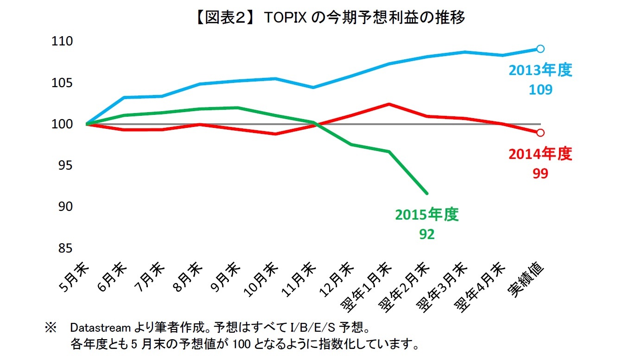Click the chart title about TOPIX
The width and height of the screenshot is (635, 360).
tap(318, 17)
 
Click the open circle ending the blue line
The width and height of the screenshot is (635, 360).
tap(540, 49)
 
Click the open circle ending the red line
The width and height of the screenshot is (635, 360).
tap(540, 133)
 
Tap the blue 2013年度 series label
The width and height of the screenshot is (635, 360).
tap(540, 70)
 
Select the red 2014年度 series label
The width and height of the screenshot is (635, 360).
tap(540, 154)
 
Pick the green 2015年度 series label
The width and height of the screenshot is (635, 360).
tap(426, 215)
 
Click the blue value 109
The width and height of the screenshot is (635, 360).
tap(540, 89)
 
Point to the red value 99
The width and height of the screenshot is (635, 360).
tap(540, 173)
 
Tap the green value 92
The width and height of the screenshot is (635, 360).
tap(426, 234)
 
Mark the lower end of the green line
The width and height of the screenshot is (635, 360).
tap(426, 193)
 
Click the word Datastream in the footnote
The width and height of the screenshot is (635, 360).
tap(100, 328)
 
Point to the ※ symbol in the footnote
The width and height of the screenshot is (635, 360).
tap(50, 328)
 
